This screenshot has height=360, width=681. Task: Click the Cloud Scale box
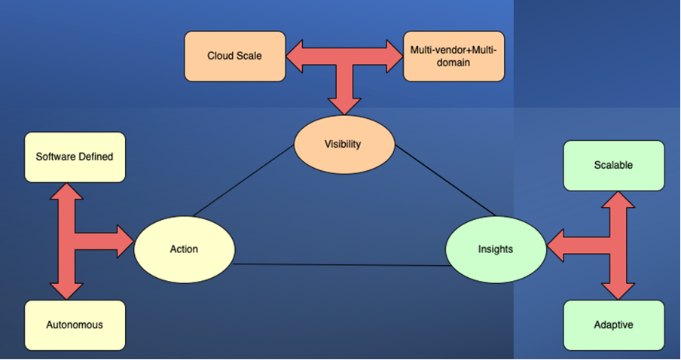coord(235,56)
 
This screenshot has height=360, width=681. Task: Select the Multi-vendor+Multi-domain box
coord(453,56)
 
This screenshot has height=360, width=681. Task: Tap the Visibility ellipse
coord(344,144)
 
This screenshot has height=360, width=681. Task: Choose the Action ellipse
coord(184,249)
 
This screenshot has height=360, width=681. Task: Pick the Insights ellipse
coord(496,249)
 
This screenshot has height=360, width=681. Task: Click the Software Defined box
coord(75,157)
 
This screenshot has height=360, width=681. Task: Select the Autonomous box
coord(75,325)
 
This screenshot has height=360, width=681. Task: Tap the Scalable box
coord(614,166)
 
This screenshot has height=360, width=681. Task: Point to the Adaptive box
coord(614,325)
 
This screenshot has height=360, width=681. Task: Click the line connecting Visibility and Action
coord(243,181)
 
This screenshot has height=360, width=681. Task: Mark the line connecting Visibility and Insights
coord(445,181)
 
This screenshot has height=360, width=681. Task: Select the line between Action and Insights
coord(342,265)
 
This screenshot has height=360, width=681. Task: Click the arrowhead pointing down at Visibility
coord(344,106)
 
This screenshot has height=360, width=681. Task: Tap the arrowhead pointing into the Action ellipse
coord(126,242)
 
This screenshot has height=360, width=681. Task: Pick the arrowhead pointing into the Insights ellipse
coord(554,246)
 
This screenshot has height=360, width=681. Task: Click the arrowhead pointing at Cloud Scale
coord(295,56)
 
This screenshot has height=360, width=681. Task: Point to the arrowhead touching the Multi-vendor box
coord(395,56)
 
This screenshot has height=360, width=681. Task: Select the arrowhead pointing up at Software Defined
coord(66,191)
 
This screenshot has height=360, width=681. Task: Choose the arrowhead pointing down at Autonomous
coord(66,291)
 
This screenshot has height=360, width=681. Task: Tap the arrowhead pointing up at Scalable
coord(618,200)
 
